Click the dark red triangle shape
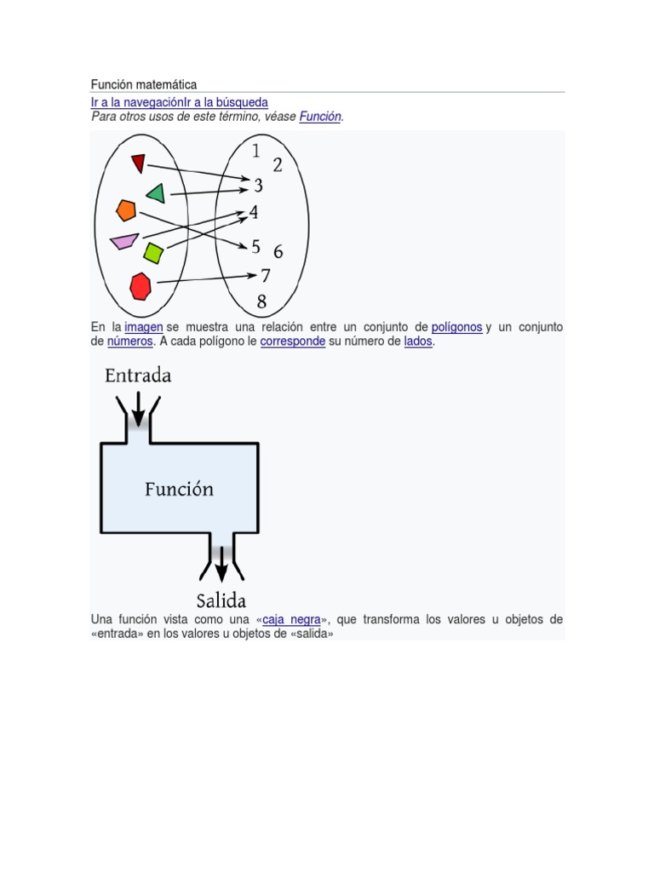point(138,163)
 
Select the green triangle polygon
point(156,193)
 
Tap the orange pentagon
point(126,209)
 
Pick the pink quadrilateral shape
point(124,241)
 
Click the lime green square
point(153,252)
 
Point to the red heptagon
point(141,285)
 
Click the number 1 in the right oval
point(256,152)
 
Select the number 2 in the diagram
point(278,165)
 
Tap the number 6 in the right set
point(278,252)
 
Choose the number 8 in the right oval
point(261,301)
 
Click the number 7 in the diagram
point(266,275)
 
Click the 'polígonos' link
point(456,327)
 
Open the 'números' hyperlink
point(129,341)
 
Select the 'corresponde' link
point(292,341)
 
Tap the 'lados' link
point(419,341)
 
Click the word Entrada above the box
point(138,375)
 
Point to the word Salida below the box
point(221,599)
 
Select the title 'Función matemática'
point(144,84)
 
